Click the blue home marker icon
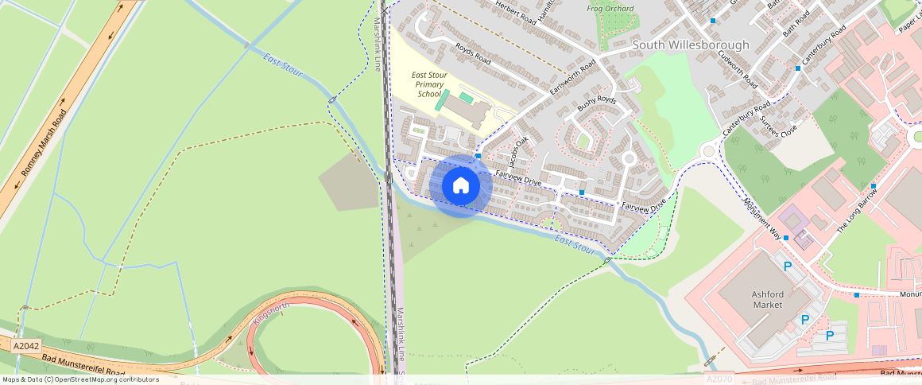click(460, 186)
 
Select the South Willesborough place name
click(690, 45)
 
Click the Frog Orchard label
click(610, 9)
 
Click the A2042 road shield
click(26, 347)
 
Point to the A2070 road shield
click(720, 380)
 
